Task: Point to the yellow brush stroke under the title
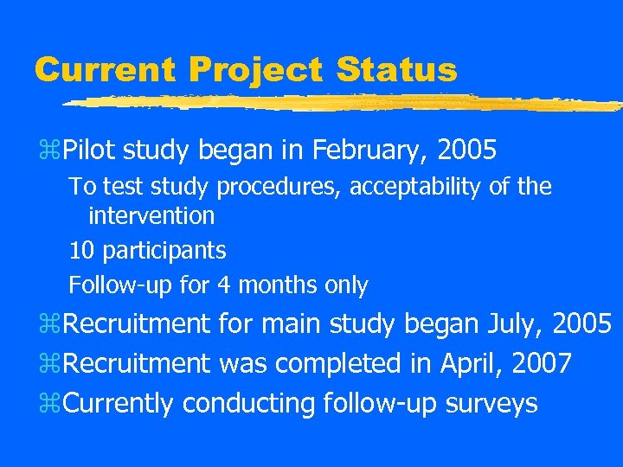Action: point(346,103)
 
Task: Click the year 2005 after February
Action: point(467,151)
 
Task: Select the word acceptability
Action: point(413,187)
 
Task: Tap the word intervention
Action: point(151,214)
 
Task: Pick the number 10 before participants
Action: point(82,251)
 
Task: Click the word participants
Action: point(164,252)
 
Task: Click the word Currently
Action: point(120,404)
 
